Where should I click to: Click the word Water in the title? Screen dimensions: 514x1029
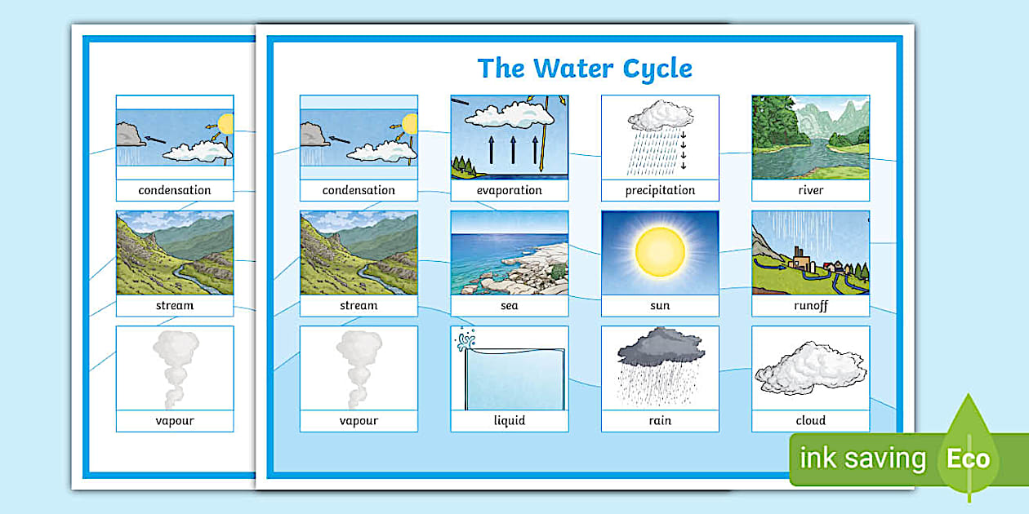pos(572,69)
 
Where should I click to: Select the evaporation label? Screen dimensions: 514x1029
pos(509,190)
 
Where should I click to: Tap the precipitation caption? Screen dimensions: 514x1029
pos(660,190)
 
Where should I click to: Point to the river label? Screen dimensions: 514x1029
pos(810,190)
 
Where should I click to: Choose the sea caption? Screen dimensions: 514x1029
pos(509,306)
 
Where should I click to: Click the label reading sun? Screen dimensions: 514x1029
pos(660,306)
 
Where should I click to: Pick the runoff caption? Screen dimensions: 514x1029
pos(810,306)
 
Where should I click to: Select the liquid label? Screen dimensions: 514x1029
pos(509,421)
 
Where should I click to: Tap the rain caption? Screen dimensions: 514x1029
pos(660,421)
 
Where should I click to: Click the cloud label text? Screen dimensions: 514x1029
pos(810,421)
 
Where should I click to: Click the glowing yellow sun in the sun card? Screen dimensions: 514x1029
pos(660,251)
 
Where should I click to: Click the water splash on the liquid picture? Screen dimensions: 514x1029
pos(467,340)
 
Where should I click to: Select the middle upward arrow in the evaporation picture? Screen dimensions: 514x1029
pos(513,149)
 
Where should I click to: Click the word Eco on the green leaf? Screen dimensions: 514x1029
pos(968,459)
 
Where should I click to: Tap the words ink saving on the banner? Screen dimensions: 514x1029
pos(862,459)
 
